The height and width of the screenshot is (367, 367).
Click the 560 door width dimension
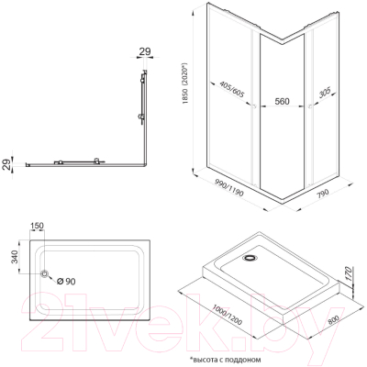point(282,101)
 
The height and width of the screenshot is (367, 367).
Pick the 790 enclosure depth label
point(322,194)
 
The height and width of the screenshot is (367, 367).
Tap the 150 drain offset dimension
point(37,226)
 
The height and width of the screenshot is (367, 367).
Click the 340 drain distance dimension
point(16,256)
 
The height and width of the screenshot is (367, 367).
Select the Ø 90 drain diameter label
point(66,281)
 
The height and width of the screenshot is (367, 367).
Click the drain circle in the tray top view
point(45,273)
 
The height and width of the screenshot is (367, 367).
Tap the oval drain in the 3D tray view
point(250,258)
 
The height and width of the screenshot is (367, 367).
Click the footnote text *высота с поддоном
point(226,360)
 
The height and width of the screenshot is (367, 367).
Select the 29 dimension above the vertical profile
point(145,51)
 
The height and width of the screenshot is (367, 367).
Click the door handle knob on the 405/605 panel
point(253,106)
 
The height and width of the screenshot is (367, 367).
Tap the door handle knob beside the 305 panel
point(310,106)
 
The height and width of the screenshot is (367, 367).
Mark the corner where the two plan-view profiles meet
point(146,165)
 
